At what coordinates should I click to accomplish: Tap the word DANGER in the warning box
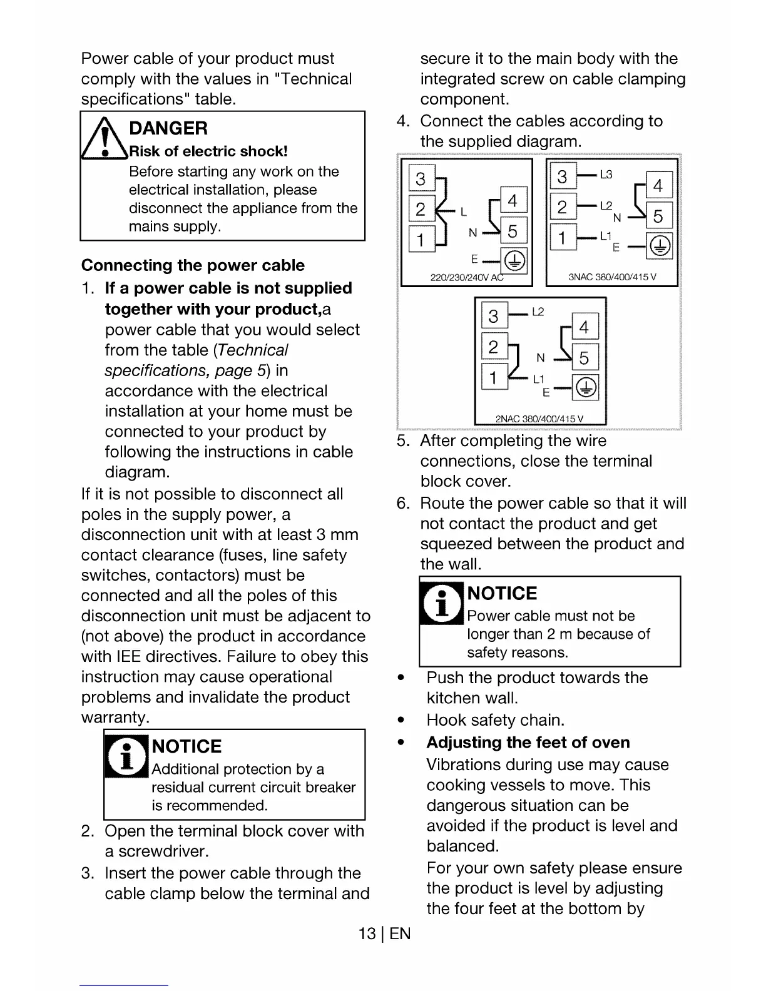(x=168, y=128)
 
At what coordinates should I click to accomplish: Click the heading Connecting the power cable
(x=193, y=265)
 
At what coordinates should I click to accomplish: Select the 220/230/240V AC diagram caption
(x=467, y=278)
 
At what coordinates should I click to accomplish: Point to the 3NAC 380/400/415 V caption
(x=611, y=277)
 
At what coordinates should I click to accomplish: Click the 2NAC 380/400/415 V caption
(x=539, y=419)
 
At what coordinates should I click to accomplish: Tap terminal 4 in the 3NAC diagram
(x=658, y=185)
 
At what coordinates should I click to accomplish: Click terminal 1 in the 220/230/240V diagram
(x=421, y=240)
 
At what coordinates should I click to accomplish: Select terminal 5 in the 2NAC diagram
(x=584, y=358)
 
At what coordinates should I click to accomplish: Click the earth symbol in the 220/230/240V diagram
(x=515, y=260)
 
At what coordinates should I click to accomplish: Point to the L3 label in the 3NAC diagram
(x=606, y=175)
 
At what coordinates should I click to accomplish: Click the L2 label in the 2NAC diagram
(x=538, y=312)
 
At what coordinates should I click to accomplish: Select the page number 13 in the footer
(x=367, y=934)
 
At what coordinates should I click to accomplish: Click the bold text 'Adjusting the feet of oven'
(x=528, y=743)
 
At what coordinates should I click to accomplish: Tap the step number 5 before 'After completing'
(x=402, y=441)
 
